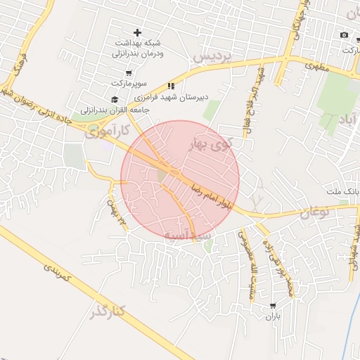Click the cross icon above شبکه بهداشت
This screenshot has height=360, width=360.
(x=137, y=32)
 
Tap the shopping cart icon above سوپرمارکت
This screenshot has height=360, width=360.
(x=128, y=73)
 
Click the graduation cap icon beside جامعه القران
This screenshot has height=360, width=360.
(x=115, y=99)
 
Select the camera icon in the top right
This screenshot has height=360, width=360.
(x=344, y=35)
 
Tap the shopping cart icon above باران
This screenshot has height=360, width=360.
(x=273, y=306)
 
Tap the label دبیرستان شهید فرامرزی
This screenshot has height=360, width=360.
(x=204, y=95)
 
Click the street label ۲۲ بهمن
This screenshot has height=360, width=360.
(x=116, y=211)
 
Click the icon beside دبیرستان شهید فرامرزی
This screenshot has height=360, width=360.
(x=170, y=86)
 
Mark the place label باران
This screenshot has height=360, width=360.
(x=273, y=316)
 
